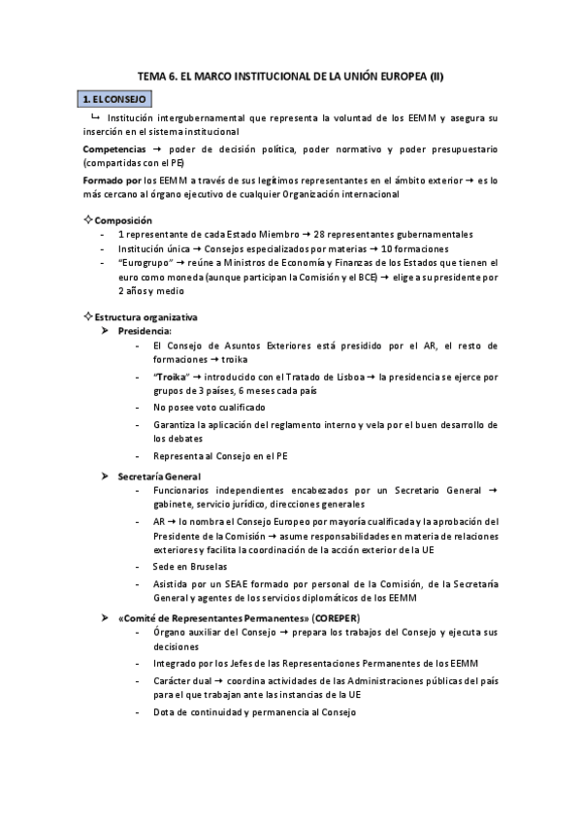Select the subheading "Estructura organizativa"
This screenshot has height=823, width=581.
(145, 317)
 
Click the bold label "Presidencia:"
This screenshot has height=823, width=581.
(145, 331)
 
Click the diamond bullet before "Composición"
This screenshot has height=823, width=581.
(87, 220)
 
